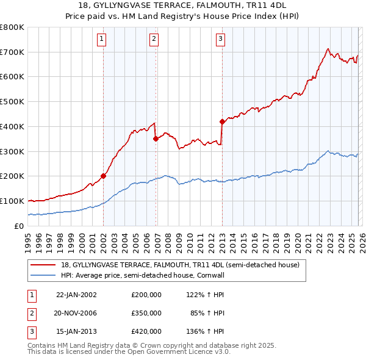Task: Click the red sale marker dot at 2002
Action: tap(103, 176)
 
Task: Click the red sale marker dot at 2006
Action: tap(156, 139)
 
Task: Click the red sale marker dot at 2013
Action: tap(222, 121)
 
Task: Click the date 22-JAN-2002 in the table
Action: tap(76, 294)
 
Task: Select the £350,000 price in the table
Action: tap(146, 313)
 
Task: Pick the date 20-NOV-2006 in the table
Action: tap(76, 313)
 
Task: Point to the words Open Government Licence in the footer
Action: tap(177, 351)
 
